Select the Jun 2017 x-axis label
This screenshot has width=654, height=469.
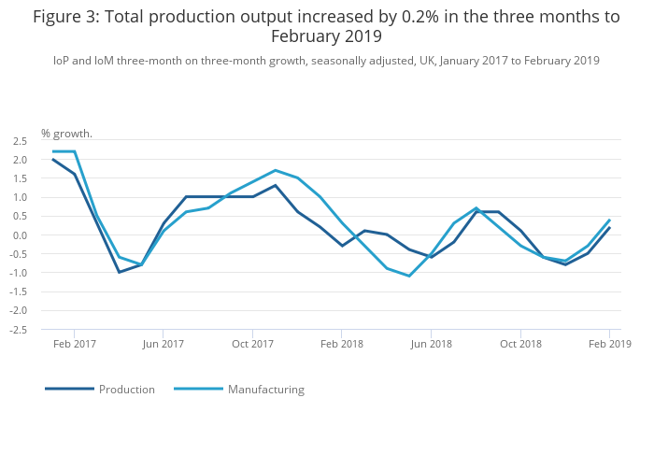click(x=163, y=344)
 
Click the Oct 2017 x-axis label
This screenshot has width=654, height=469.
click(x=252, y=344)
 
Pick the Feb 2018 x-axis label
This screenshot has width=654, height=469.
click(x=341, y=344)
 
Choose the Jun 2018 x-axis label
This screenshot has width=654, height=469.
click(x=431, y=344)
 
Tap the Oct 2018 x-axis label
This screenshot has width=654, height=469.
click(x=520, y=344)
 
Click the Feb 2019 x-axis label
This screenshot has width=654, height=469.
click(x=609, y=344)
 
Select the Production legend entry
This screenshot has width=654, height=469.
click(x=126, y=390)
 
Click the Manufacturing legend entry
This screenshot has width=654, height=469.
click(x=265, y=390)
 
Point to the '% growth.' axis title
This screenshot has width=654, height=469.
click(x=66, y=134)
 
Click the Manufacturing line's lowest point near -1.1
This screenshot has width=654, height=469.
click(x=409, y=276)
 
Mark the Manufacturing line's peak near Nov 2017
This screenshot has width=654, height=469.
click(x=275, y=170)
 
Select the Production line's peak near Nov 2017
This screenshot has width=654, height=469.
click(x=275, y=185)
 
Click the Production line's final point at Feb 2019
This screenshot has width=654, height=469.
click(x=609, y=227)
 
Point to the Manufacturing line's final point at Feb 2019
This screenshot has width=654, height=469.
click(x=609, y=220)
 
